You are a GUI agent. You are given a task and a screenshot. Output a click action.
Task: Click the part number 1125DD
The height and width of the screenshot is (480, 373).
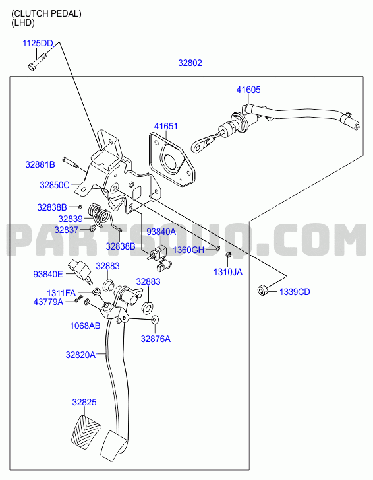point(38,43)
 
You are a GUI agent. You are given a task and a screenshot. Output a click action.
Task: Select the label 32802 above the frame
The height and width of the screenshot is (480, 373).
point(190,63)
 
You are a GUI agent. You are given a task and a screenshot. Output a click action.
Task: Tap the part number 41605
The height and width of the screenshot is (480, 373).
point(248,90)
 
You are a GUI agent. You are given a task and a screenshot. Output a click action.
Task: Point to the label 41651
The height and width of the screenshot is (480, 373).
point(165,126)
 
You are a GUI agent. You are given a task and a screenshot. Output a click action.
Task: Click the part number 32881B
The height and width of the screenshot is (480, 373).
point(40,164)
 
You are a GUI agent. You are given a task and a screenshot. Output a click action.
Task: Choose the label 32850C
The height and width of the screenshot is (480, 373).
point(55,185)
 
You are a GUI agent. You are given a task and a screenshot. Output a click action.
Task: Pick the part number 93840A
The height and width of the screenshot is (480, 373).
point(161,232)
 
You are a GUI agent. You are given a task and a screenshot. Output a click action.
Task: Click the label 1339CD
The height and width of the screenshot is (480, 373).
point(295,292)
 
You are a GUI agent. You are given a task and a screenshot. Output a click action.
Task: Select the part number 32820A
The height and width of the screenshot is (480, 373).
point(80,355)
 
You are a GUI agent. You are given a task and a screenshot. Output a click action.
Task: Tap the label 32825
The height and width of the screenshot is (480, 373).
point(84,402)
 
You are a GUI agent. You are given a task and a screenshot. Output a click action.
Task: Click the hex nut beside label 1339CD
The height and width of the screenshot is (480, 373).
point(262,290)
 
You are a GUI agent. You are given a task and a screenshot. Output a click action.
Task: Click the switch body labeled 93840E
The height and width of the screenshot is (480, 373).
point(80,269)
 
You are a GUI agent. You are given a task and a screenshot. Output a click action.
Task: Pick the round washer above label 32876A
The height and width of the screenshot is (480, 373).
point(155,320)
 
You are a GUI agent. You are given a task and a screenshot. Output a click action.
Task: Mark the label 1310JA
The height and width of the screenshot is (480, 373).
point(228,272)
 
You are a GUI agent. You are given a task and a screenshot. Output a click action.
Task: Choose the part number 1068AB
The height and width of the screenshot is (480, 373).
point(85,326)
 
